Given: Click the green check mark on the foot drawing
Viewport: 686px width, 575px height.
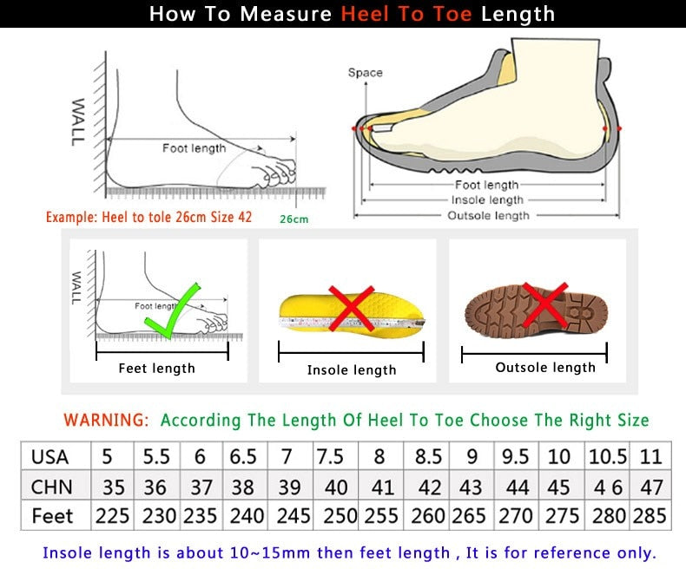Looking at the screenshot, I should coord(172,310).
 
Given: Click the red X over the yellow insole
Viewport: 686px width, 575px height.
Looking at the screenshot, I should coord(351,308).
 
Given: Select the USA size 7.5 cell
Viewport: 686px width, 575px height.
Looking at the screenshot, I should coord(330,456).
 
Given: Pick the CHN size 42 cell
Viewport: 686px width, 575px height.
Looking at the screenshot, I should coord(428,486).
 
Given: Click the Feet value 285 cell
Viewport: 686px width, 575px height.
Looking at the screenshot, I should coord(650,515).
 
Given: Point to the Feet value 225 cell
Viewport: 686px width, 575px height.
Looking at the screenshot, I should coord(112,515).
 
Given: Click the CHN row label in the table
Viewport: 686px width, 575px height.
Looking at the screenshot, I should coord(51,486).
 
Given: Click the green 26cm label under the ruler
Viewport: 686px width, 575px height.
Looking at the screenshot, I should coord(294,219).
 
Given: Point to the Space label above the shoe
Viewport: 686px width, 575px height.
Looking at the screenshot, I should coord(365,73).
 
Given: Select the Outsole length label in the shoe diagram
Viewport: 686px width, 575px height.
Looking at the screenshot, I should coord(487,215).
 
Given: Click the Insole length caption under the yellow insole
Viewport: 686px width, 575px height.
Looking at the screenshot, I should coord(352,370).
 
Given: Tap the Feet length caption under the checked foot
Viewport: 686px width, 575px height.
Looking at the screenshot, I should coord(156,369).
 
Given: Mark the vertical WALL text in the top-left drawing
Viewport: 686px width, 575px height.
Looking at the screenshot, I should coord(78,121).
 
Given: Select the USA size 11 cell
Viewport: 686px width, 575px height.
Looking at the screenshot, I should coord(651,456).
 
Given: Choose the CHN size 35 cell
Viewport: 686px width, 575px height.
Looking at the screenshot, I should coord(112,486).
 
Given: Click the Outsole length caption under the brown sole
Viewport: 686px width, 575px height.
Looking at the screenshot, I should coord(545,368).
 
